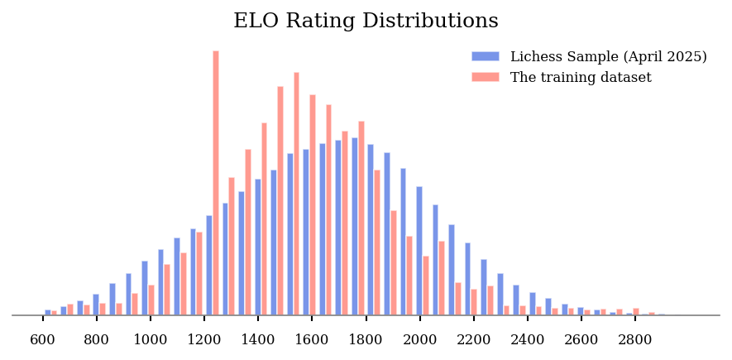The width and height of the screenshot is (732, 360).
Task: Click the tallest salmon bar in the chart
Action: tap(216, 182)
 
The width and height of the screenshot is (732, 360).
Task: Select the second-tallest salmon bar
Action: tap(296, 194)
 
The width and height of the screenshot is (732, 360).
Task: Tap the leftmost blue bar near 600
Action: tap(48, 312)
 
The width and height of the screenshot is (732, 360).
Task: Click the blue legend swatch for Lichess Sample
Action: tap(486, 56)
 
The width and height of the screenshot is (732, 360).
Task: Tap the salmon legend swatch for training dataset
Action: tap(486, 77)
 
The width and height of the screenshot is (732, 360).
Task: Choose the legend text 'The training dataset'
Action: tap(581, 78)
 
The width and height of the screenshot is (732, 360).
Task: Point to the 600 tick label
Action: tap(43, 339)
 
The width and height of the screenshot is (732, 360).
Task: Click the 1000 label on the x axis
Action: tap(151, 339)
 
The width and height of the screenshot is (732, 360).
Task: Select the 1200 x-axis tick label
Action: tap(204, 339)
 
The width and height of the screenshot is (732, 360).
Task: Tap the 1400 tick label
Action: tap(258, 339)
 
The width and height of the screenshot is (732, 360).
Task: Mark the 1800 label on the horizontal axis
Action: tap(366, 339)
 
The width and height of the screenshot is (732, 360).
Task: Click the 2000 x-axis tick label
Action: tap(419, 339)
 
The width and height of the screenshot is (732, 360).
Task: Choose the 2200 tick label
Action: tap(473, 339)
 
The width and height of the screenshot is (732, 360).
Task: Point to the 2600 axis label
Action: tap(581, 339)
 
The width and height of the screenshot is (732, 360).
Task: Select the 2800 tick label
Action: tap(635, 339)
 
